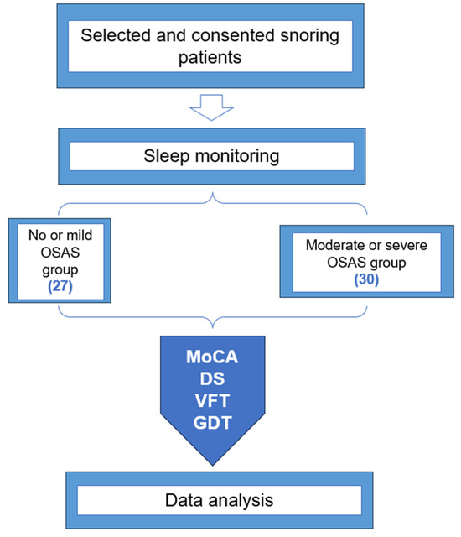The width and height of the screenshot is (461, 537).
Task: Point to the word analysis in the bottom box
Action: (x=249, y=502)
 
